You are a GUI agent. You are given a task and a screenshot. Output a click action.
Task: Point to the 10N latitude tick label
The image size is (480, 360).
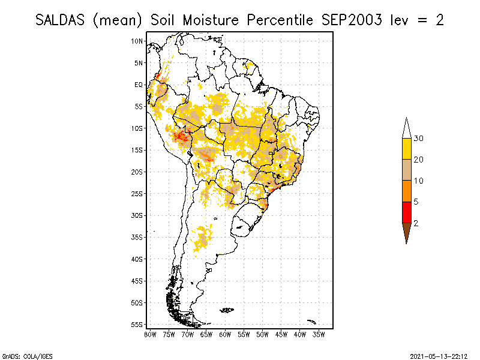point(137,41)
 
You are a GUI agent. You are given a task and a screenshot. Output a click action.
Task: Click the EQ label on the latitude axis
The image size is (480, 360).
point(139,85)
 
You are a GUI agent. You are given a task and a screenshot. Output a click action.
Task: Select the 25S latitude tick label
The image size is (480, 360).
point(137,193)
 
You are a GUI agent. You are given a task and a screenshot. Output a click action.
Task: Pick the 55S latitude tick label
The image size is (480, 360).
point(137,324)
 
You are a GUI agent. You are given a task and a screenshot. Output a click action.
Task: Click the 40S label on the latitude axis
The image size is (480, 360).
point(137,259)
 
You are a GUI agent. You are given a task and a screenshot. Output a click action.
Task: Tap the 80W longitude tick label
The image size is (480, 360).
point(150,334)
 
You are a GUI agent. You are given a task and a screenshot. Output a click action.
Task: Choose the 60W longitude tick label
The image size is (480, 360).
point(225,334)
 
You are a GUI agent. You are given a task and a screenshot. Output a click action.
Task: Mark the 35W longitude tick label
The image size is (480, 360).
point(319,334)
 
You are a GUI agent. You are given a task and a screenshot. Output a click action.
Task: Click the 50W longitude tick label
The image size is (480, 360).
point(263,334)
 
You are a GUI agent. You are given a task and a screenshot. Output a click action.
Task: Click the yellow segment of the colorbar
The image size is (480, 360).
point(406,149)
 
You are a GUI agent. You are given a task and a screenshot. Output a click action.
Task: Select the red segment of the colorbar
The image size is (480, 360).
point(406,212)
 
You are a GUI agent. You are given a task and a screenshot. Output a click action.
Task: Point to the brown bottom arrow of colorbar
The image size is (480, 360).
point(406,232)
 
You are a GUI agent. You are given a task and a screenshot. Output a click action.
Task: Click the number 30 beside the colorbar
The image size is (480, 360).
point(419,139)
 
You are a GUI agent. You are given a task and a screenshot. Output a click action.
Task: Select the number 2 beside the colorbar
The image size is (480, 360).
point(416,223)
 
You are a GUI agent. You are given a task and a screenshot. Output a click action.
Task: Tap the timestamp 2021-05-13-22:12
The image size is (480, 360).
point(439,355)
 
